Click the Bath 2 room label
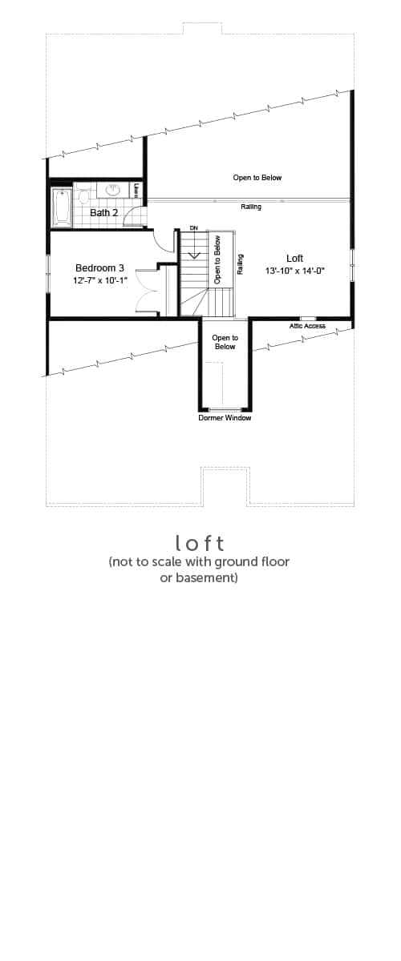click(x=103, y=212)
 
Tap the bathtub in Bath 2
click(x=62, y=207)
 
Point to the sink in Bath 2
click(x=113, y=189)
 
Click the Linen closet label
click(x=136, y=190)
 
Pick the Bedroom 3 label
click(x=99, y=268)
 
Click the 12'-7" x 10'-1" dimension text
click(x=99, y=281)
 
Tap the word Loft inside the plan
click(x=295, y=258)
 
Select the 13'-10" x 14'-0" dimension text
click(x=294, y=271)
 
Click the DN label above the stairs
click(x=194, y=228)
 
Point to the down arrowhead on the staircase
click(x=195, y=255)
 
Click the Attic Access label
click(x=307, y=326)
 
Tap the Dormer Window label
click(x=225, y=418)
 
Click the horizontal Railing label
click(x=251, y=207)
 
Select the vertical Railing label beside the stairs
click(x=241, y=264)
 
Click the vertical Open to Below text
click(x=217, y=259)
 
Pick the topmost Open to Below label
click(x=257, y=178)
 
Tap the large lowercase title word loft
click(x=200, y=543)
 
